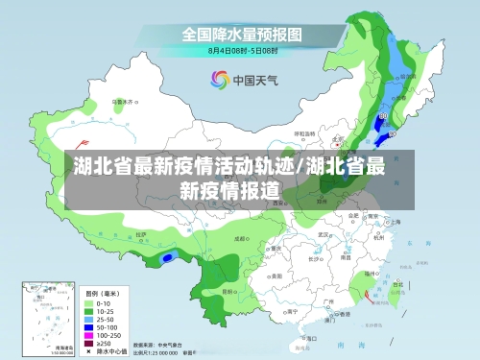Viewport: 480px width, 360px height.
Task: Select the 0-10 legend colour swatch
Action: tap(89, 302)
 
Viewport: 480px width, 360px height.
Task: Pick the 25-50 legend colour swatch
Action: tap(89, 318)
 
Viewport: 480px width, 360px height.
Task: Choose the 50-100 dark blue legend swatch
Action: tap(89, 325)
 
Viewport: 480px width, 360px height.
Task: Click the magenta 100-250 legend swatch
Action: tap(89, 333)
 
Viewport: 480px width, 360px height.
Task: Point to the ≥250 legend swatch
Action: tap(89, 342)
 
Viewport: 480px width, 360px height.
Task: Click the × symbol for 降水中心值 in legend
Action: tap(89, 350)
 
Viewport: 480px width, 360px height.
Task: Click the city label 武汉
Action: tap(324, 233)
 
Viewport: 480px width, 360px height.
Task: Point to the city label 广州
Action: tap(328, 300)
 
